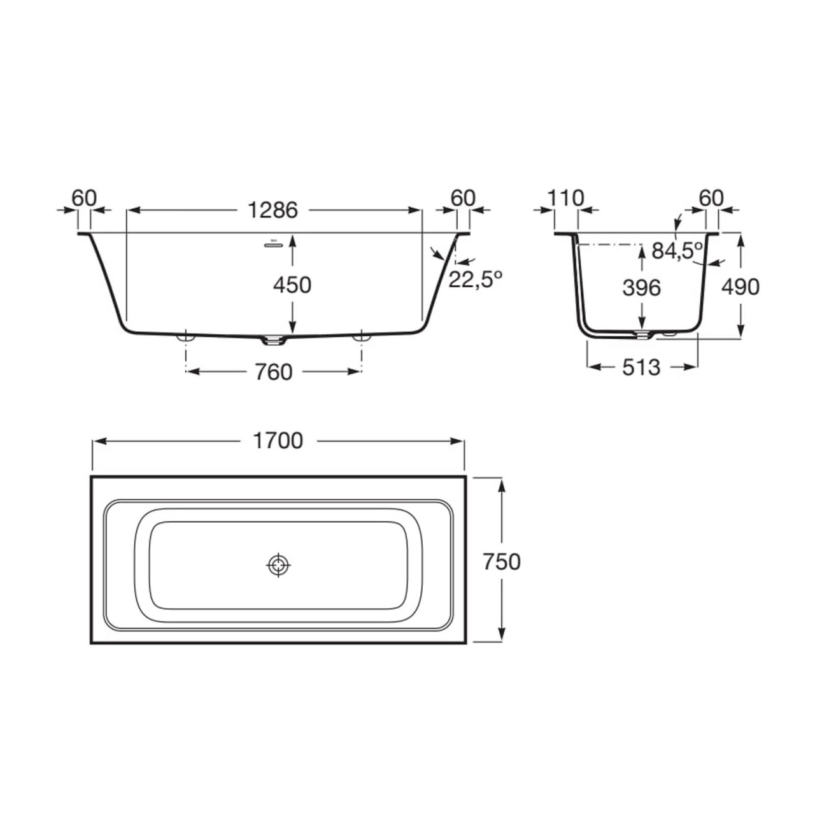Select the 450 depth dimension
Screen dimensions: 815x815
pos(292,285)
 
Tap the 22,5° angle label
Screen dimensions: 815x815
pos(475,279)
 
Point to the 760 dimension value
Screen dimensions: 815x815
pos(273,372)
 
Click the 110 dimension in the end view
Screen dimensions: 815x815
pos(565,199)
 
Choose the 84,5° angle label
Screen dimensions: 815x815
pos(676,251)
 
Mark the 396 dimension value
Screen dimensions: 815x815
pos(641,288)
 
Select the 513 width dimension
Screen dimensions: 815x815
pos(641,367)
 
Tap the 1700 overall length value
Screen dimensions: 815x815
pos(278,441)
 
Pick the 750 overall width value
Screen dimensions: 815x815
pos(502,562)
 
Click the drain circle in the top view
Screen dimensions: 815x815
pos(278,565)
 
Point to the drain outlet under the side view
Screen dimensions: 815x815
pos(273,341)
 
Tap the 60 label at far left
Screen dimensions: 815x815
pos(84,199)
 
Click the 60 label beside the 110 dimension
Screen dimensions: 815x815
pos(711,199)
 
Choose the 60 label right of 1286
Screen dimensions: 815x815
pos(463,199)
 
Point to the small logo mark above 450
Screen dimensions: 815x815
pos(274,243)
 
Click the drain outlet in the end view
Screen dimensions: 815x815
pos(642,334)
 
